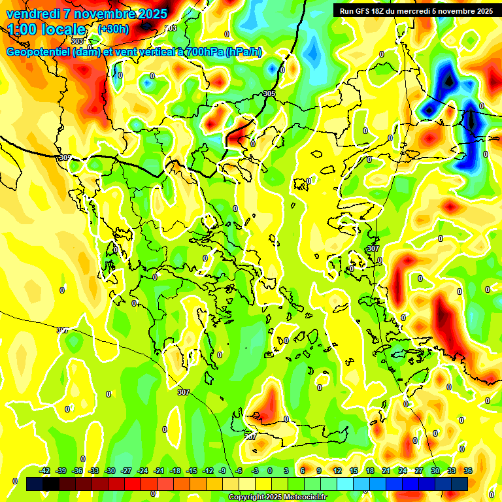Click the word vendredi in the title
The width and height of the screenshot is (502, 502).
tap(32, 14)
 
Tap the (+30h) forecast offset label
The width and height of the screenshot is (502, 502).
tap(113, 29)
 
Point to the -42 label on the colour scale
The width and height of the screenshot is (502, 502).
tap(45, 471)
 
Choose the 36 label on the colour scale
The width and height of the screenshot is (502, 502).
tap(468, 471)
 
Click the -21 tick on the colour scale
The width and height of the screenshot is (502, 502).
tap(159, 471)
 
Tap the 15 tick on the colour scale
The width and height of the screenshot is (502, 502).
tap(354, 471)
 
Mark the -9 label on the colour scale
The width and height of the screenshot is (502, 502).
tap(223, 471)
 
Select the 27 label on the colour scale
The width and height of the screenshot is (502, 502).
tap(419, 471)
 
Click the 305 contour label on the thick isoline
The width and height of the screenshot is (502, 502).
tap(269, 94)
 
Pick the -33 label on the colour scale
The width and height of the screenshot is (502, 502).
tap(94, 471)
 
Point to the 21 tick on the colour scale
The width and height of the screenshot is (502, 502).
tap(386, 471)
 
